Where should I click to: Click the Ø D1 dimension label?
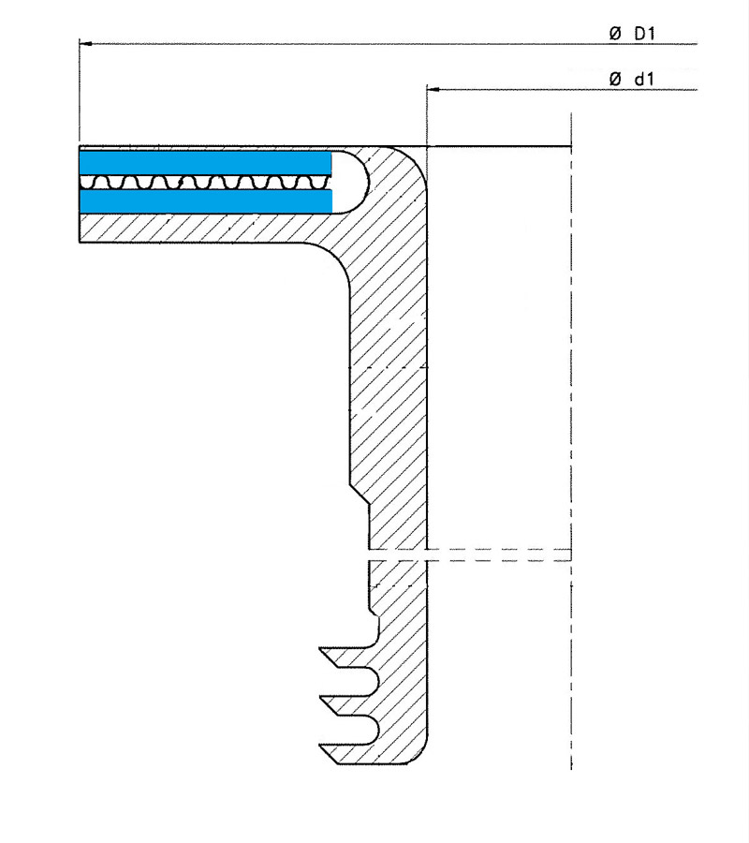point(632,34)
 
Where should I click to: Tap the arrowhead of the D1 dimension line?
point(86,43)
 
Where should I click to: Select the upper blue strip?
point(205,162)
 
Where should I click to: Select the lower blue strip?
point(205,201)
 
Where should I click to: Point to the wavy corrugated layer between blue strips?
point(205,182)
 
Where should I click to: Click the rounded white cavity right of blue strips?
point(352,183)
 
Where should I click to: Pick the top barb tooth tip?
point(320,649)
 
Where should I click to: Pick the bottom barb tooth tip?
point(320,746)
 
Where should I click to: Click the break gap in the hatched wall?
point(398,555)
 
